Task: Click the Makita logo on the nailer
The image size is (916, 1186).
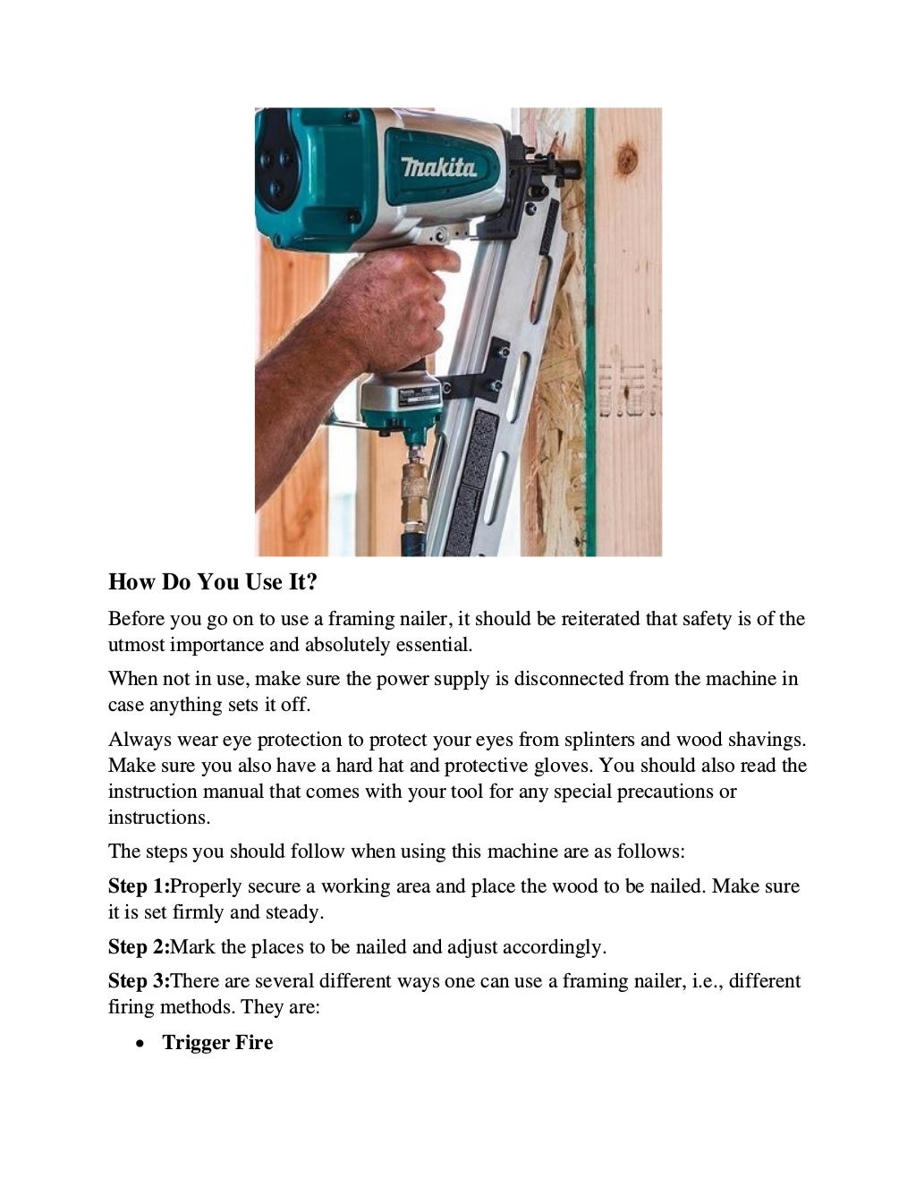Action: pos(438,166)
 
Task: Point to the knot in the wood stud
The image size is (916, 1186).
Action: pos(626,159)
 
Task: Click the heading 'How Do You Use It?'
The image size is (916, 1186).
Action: pos(213,582)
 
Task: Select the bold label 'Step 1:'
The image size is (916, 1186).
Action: pos(139,886)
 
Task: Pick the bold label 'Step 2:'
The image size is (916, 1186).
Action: pos(139,947)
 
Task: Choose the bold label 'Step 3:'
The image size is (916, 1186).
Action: pos(139,981)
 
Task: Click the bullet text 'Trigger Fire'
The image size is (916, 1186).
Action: pos(217,1043)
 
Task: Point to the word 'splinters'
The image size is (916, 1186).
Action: pos(598,740)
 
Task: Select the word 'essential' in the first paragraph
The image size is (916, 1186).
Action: pos(432,645)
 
